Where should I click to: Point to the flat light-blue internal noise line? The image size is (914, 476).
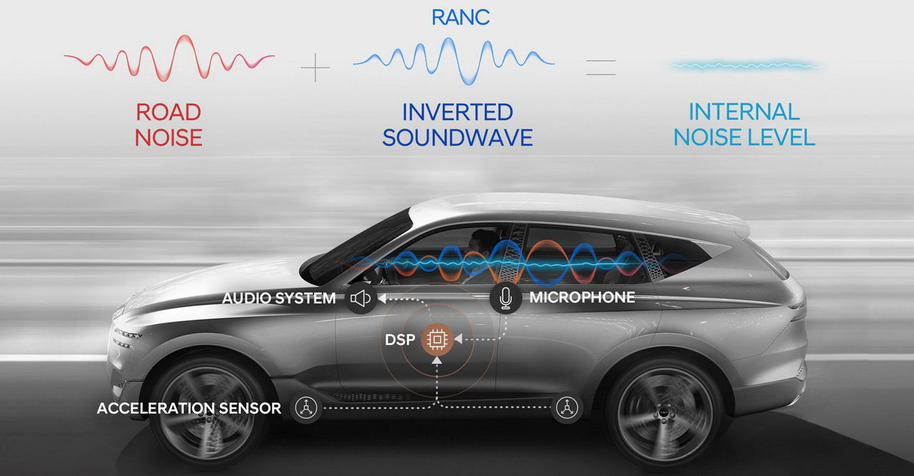[x=743, y=66]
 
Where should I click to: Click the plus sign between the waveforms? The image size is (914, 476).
[x=315, y=67]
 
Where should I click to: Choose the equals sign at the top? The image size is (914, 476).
[x=601, y=67]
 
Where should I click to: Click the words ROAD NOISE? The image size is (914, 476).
[x=169, y=124]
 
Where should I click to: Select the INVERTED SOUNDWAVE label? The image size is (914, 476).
[x=457, y=124]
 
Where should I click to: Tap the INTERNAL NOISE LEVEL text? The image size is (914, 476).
[x=744, y=124]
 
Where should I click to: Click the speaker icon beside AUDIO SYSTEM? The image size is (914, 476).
[x=361, y=298]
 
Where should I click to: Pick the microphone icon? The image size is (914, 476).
[x=506, y=298]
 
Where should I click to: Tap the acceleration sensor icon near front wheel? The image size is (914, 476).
[x=306, y=408]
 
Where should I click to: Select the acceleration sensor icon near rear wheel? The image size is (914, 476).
[x=568, y=408]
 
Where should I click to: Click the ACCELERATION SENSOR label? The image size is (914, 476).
[x=189, y=409]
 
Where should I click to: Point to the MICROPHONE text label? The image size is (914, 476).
[x=582, y=298]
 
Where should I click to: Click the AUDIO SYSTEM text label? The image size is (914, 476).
[x=279, y=298]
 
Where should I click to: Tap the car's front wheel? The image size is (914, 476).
[x=201, y=413]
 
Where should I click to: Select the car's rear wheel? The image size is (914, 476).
[x=664, y=414]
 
